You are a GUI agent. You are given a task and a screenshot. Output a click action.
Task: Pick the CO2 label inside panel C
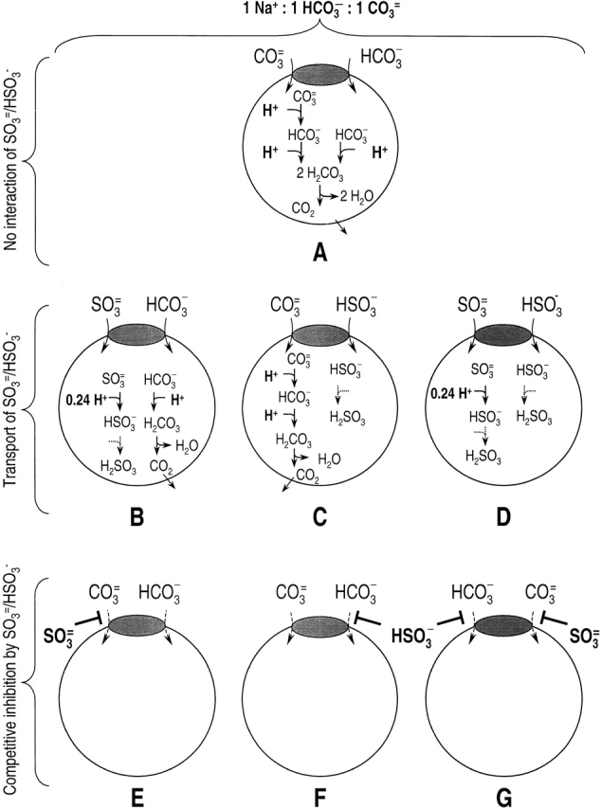[307, 461]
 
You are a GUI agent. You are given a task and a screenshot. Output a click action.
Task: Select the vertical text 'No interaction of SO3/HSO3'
[11, 160]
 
